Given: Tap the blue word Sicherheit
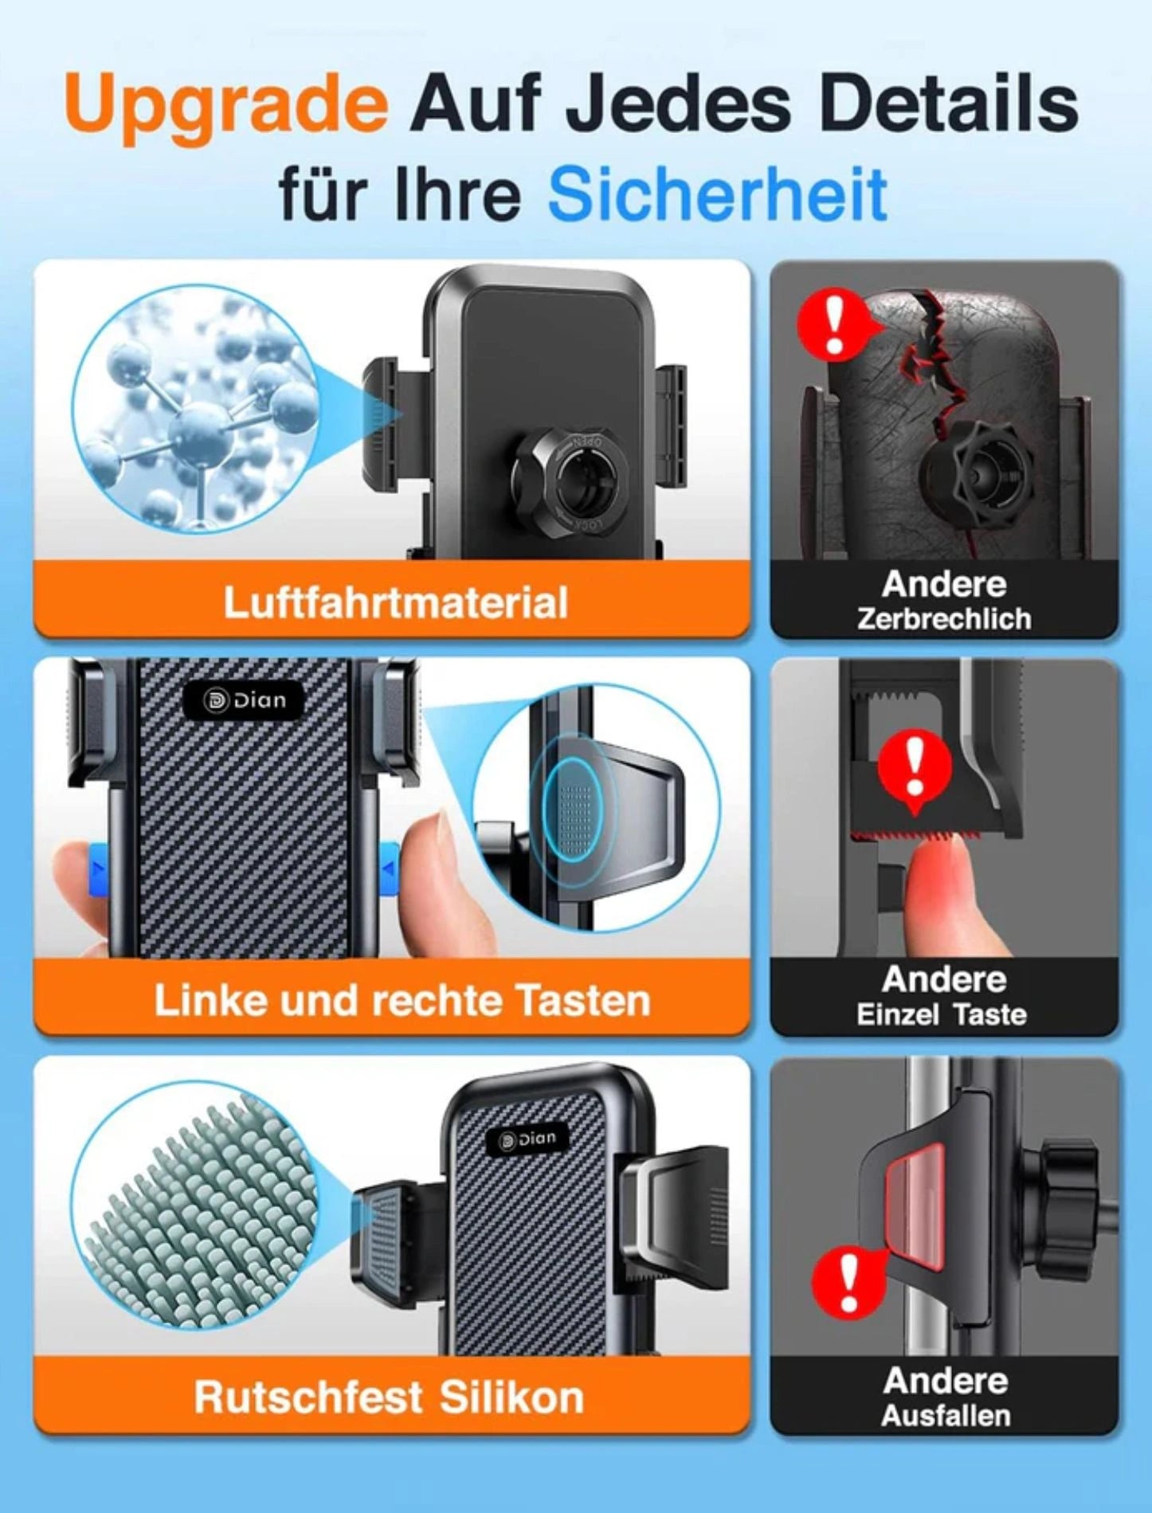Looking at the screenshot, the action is (x=718, y=194).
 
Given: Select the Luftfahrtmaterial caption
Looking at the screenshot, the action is (x=396, y=602).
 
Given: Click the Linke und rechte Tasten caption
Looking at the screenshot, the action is (x=402, y=1000).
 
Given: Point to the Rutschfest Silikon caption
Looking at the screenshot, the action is (x=389, y=1397).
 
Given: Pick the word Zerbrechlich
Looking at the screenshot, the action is (x=945, y=619).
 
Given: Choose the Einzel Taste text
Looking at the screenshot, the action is (x=942, y=1014).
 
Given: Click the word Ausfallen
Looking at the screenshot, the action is (x=946, y=1415).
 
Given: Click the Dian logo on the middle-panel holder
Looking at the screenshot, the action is (x=244, y=700).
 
